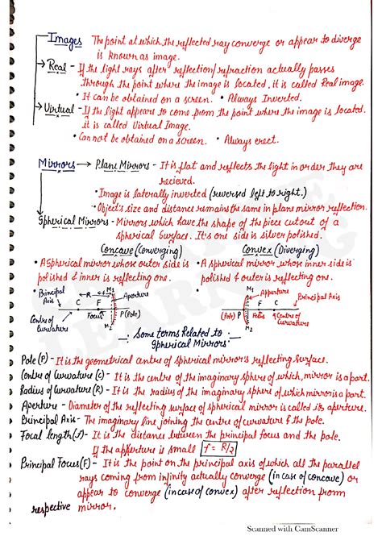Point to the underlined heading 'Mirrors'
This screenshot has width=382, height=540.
point(56,165)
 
